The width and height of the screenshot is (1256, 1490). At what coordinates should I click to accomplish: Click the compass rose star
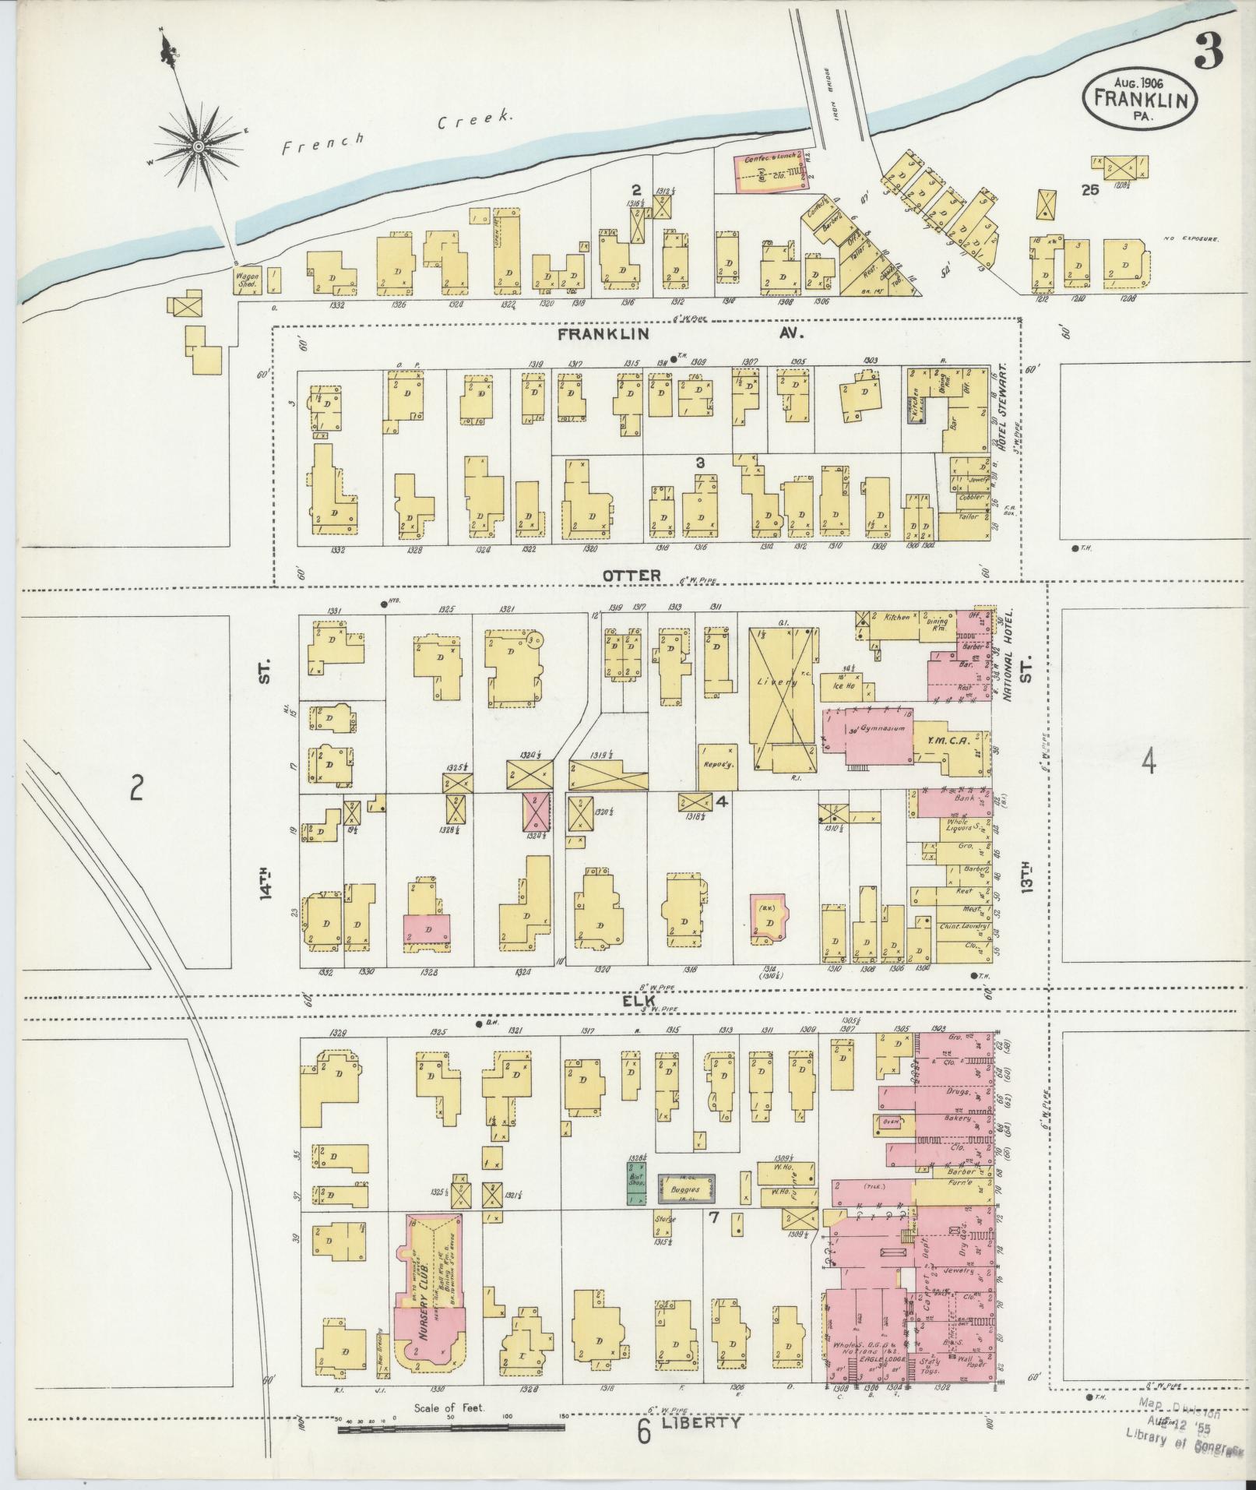pos(198,146)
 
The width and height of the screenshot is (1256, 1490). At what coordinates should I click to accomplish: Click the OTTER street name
pos(631,575)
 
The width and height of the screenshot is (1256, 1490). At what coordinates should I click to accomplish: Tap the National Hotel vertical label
pos(1006,656)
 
